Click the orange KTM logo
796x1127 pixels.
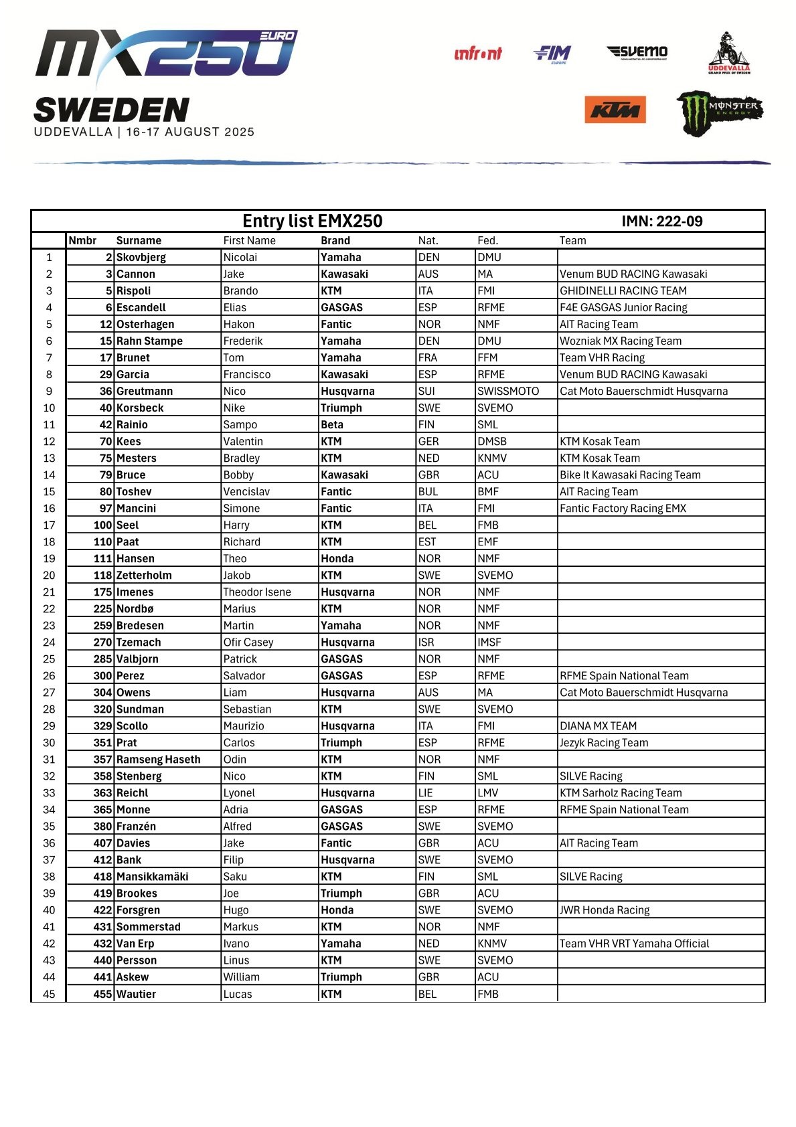(x=615, y=110)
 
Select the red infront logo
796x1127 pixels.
(x=477, y=54)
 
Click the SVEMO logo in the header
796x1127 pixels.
(x=637, y=52)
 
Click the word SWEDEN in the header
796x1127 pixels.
(x=111, y=110)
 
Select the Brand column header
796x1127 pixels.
(x=335, y=240)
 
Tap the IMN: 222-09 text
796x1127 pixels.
(x=661, y=222)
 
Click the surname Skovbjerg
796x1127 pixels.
(x=141, y=257)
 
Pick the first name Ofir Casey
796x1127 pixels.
(x=248, y=642)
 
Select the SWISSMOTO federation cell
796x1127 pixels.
(x=508, y=391)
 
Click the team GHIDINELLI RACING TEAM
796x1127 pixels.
(x=623, y=290)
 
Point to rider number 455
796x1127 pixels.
(x=102, y=994)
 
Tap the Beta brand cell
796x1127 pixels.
(x=332, y=424)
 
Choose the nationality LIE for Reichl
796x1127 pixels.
(x=426, y=792)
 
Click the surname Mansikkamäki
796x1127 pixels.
(x=152, y=876)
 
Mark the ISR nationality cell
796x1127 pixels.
(x=426, y=642)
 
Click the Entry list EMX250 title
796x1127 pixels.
(x=312, y=221)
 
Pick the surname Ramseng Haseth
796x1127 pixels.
(x=158, y=759)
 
